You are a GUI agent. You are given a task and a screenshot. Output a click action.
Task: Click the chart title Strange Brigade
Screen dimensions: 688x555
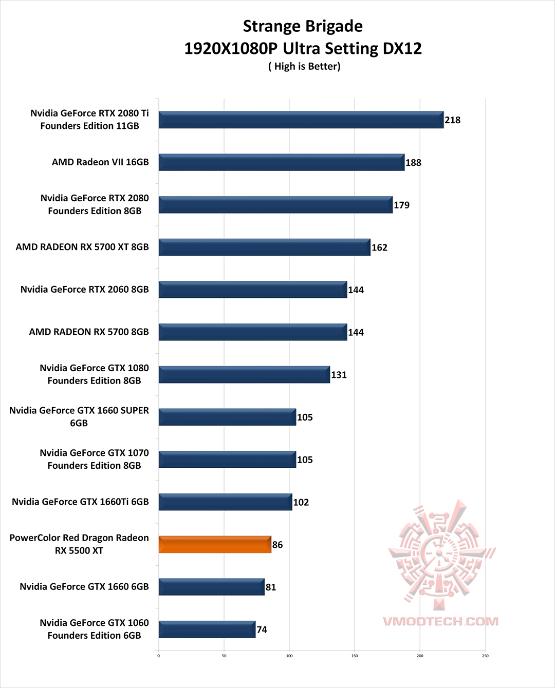(303, 26)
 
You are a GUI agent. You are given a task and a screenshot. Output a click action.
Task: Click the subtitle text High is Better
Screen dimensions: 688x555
(304, 66)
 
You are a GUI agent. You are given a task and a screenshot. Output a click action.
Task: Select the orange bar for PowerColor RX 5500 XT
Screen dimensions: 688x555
(215, 545)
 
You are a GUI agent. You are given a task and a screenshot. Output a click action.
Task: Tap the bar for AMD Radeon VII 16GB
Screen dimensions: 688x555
(281, 162)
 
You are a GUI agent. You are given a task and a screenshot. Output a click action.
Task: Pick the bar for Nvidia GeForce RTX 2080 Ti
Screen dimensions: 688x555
(301, 120)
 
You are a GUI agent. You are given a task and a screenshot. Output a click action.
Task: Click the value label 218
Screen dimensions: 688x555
(452, 120)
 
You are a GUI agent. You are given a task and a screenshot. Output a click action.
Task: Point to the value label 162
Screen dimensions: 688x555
(379, 247)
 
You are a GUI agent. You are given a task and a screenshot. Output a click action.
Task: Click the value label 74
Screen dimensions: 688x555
(262, 629)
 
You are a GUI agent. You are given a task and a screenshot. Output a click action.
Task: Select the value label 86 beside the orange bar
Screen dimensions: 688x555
(277, 545)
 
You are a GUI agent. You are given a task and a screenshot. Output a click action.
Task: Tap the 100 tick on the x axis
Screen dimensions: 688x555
(289, 656)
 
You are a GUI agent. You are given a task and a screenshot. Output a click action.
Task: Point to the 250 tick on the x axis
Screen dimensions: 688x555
(485, 656)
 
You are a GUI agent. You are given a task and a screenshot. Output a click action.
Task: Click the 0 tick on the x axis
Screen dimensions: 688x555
(159, 656)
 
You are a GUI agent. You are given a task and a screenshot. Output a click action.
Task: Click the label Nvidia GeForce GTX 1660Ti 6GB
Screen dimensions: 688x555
(80, 502)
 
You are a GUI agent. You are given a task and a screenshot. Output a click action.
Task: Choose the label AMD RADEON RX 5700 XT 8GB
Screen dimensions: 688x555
(82, 247)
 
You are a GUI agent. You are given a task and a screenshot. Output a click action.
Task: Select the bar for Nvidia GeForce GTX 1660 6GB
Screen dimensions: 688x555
(211, 587)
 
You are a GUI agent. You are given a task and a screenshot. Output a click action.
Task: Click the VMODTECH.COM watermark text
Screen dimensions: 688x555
(440, 621)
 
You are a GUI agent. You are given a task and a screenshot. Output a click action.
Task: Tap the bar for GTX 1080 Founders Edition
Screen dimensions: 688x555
(244, 375)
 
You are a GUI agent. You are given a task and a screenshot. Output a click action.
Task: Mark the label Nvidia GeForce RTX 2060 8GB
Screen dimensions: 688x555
(84, 290)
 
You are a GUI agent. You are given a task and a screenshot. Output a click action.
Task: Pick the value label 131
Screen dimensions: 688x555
(339, 375)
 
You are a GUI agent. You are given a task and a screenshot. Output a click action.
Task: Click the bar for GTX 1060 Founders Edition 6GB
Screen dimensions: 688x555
(207, 629)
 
